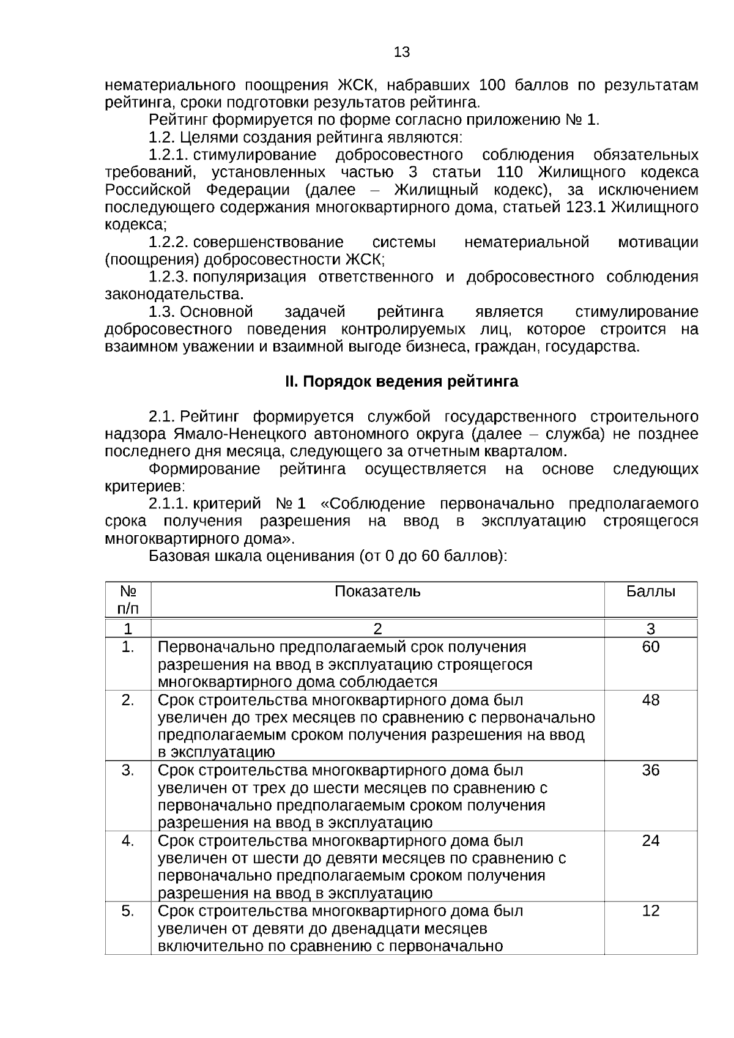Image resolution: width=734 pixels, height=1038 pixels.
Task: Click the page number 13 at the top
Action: click(x=402, y=53)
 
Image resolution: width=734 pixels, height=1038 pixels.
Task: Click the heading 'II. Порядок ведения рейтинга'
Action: click(x=401, y=382)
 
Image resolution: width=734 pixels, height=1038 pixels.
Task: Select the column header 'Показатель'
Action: click(x=377, y=591)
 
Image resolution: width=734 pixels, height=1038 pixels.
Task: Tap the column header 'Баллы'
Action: click(x=651, y=591)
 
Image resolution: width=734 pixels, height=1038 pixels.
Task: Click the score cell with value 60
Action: click(x=651, y=647)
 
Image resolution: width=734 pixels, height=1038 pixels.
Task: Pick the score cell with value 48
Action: click(x=651, y=700)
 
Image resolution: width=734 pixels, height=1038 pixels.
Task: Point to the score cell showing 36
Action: click(x=651, y=770)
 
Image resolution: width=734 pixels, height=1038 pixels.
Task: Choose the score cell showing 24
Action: click(x=651, y=840)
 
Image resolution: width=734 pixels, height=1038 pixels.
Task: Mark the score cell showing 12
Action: click(x=651, y=911)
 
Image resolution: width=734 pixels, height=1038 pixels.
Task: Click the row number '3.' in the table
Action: click(x=127, y=770)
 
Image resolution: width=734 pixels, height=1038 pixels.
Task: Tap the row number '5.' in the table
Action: click(x=127, y=911)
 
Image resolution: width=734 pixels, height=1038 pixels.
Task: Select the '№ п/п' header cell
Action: click(x=127, y=599)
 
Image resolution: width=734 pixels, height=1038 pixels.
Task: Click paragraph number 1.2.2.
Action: click(x=168, y=242)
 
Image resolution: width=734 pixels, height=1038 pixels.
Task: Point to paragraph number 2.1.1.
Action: click(x=168, y=504)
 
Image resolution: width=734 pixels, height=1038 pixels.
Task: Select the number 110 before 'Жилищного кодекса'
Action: click(x=510, y=172)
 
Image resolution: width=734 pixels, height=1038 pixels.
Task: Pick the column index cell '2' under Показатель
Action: click(x=377, y=629)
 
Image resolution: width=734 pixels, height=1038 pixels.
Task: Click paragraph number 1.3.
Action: click(x=162, y=313)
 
